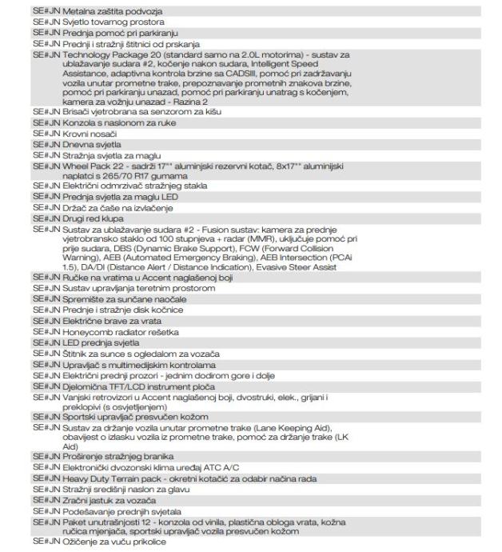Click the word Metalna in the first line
(79, 11)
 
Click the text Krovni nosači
(88, 134)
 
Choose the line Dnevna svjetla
(90, 145)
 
